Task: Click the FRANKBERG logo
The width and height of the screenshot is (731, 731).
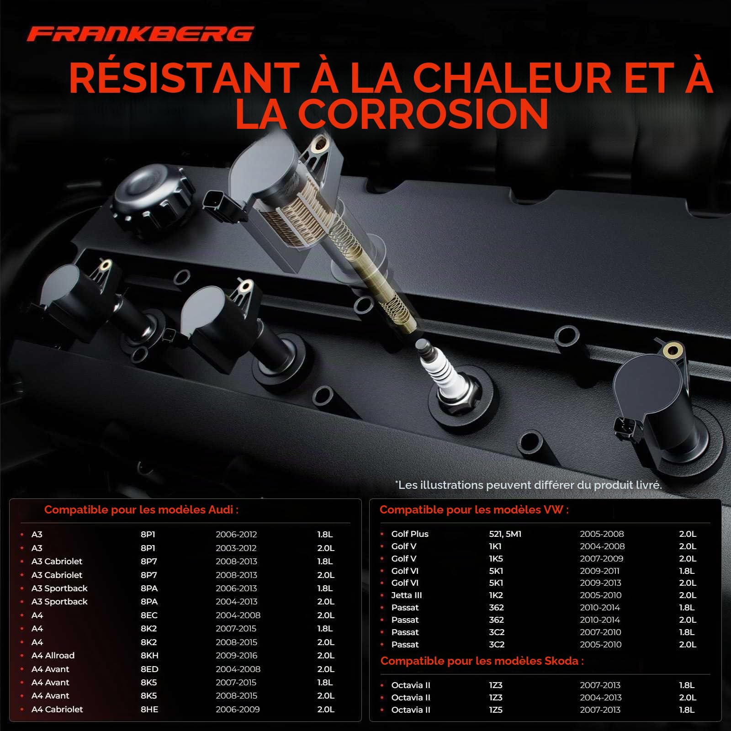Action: (x=140, y=34)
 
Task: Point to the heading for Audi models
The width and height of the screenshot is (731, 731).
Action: (x=141, y=510)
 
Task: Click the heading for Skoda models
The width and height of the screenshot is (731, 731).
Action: (x=482, y=661)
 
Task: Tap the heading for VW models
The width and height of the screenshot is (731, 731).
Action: (x=474, y=510)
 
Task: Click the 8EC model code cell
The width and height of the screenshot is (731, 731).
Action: (x=149, y=615)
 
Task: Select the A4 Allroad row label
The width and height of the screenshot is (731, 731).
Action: (x=53, y=656)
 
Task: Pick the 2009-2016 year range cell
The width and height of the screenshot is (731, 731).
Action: (x=237, y=656)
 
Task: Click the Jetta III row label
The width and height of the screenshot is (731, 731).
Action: (x=407, y=595)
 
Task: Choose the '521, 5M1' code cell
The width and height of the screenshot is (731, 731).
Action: (x=505, y=534)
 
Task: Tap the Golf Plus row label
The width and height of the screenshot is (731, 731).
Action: (x=410, y=534)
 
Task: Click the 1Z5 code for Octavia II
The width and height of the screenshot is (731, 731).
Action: (x=496, y=710)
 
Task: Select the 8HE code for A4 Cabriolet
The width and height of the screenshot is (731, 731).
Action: (x=149, y=710)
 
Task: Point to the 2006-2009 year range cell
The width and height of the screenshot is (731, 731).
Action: (x=238, y=710)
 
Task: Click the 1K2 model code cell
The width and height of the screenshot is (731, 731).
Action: (x=496, y=595)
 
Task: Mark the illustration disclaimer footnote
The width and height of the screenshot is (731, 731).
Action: (x=529, y=485)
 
